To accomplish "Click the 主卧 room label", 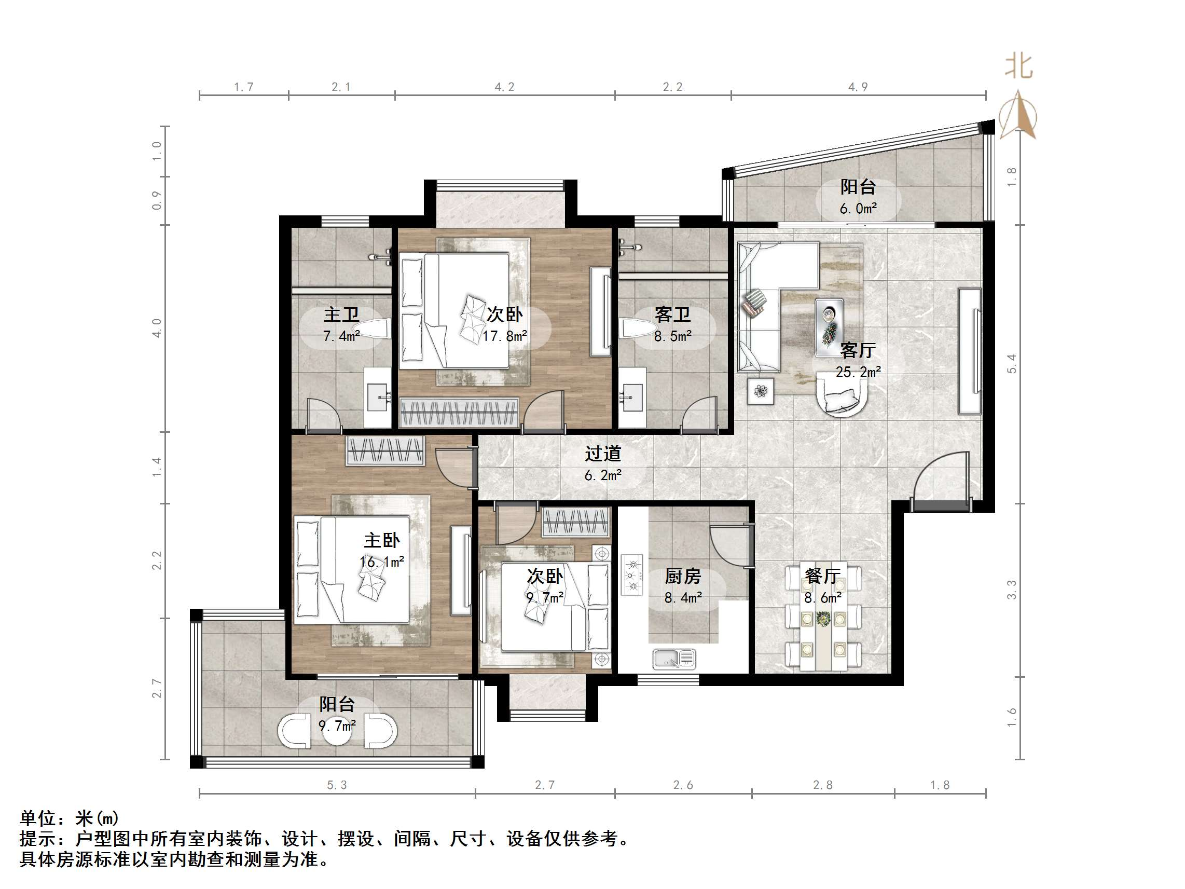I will (381, 540).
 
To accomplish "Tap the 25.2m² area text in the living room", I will (858, 372).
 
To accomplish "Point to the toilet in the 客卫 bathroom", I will (637, 329).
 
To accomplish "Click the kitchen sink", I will (674, 659).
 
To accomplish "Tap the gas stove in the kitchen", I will (631, 575).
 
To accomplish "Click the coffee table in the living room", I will (829, 327).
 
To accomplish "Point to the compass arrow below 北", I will (1018, 116).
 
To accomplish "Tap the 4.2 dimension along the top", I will (504, 87).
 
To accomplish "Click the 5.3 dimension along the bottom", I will (337, 785).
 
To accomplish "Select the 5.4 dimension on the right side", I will (1011, 364).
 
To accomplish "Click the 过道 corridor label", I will (603, 454).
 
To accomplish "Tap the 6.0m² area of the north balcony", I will (858, 209).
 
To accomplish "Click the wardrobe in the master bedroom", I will (385, 450).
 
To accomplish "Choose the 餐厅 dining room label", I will (822, 576).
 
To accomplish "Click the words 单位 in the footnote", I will (37, 818).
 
